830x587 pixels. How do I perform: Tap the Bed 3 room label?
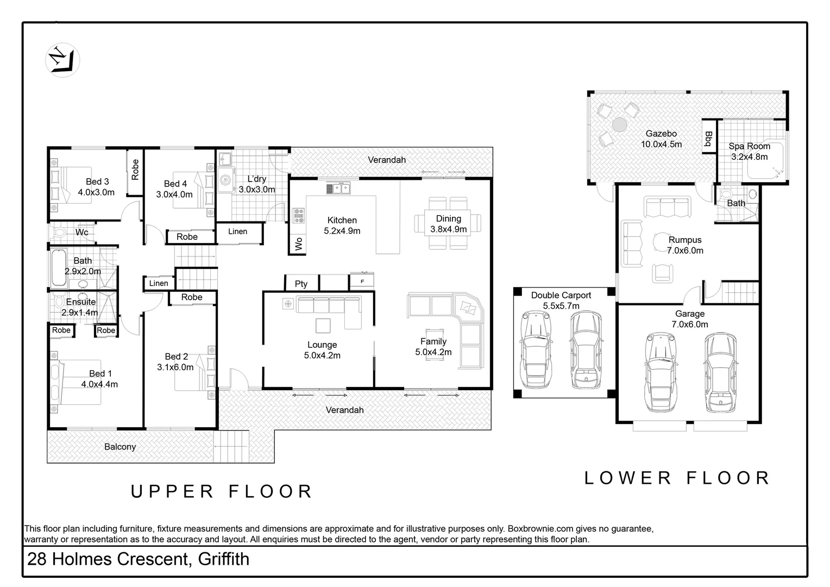coord(97,182)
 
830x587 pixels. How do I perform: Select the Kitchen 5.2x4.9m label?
coord(342,225)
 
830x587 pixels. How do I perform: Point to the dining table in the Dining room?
coord(448,223)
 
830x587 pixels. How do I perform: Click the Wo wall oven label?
coord(298,244)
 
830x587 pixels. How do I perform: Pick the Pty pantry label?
coord(301,283)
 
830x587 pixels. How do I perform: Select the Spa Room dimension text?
coord(749,157)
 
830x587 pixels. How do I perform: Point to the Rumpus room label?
coord(684,240)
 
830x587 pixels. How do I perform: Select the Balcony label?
coord(120,447)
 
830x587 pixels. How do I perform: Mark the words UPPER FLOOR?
coord(222,491)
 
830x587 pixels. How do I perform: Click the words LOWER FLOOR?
coord(677,478)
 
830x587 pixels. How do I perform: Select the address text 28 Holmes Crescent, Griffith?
coord(138,559)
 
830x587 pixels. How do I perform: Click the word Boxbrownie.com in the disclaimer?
coord(537,528)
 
